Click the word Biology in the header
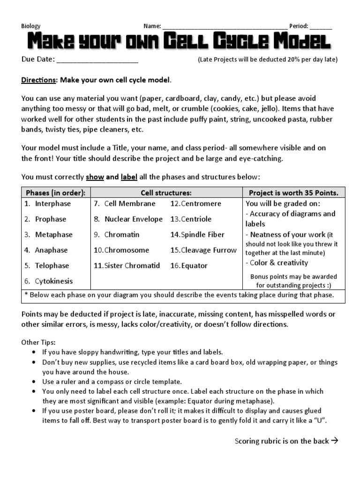(x=31, y=26)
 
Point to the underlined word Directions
(x=38, y=80)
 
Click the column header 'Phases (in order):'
(x=56, y=193)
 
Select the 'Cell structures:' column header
(x=166, y=193)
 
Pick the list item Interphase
(x=52, y=203)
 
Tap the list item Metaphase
(x=53, y=234)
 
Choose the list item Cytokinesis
(x=53, y=281)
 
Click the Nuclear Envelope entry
(x=133, y=219)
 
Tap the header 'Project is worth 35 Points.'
(x=293, y=193)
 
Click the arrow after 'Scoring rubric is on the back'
(x=334, y=441)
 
